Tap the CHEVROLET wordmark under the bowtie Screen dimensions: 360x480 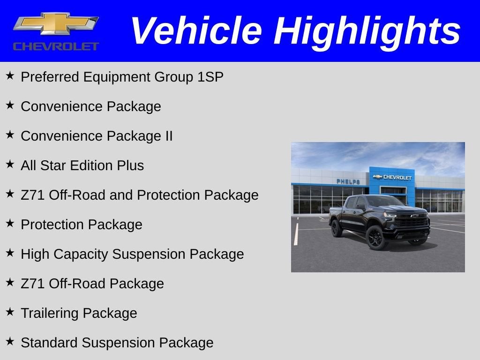tap(56, 46)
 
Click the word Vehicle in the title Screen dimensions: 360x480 tap(196, 31)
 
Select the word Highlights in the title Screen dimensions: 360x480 tap(367, 31)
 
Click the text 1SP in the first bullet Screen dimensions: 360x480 tap(210, 77)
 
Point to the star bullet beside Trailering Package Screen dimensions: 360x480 tap(10, 311)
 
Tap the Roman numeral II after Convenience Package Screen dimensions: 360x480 tap(167, 136)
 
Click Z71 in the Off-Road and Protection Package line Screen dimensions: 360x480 tap(31, 195)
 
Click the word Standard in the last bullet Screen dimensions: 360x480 tap(49, 343)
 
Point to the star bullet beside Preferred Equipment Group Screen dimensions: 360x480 tap(10, 75)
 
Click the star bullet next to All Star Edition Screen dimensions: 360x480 tap(10, 164)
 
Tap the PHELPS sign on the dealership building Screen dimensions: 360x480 tap(348, 181)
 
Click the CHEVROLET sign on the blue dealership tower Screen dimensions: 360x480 tap(392, 177)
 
